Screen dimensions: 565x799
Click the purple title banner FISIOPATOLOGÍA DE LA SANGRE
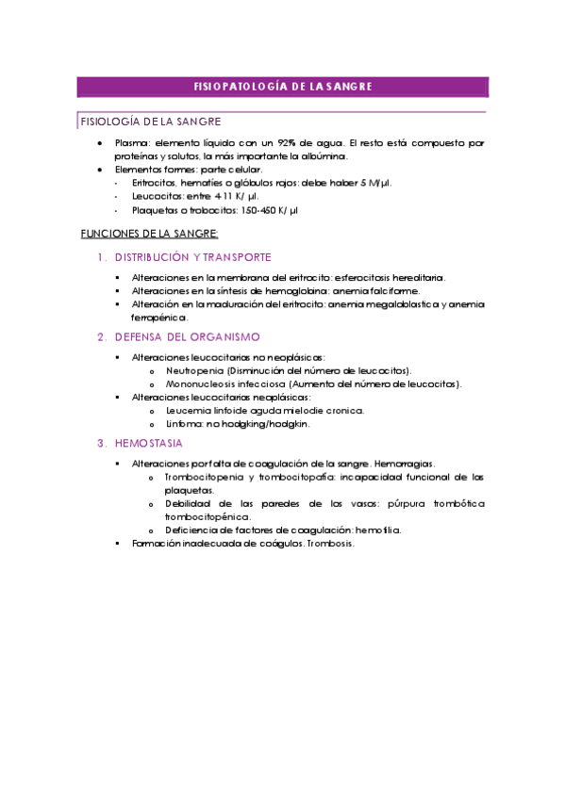pos(282,87)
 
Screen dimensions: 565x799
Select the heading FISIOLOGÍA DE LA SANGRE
pos(152,122)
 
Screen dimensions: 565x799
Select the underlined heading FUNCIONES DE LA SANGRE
pos(149,233)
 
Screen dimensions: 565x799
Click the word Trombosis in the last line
pos(330,544)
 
